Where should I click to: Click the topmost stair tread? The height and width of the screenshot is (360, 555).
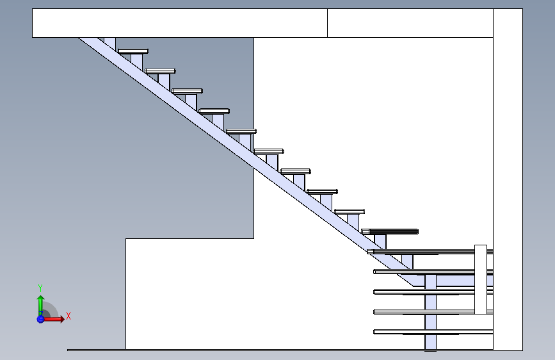[x=133, y=51]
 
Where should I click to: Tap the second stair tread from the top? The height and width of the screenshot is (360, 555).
[x=160, y=70]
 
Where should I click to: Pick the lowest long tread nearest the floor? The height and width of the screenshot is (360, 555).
[x=433, y=331]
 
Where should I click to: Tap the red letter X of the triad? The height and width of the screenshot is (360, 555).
[x=68, y=316]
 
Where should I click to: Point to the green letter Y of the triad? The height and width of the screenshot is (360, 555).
[x=40, y=288]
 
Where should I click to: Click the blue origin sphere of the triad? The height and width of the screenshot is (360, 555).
[x=40, y=318]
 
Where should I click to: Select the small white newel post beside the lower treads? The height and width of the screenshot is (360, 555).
[x=481, y=279]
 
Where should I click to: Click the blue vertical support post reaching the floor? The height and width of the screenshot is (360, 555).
[x=430, y=314]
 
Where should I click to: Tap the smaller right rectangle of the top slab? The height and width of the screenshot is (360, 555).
[x=410, y=23]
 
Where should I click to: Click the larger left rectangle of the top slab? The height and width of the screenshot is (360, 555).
[x=179, y=23]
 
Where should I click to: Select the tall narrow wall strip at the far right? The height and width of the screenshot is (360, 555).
[x=508, y=179]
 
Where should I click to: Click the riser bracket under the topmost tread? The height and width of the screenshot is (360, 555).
[x=136, y=61]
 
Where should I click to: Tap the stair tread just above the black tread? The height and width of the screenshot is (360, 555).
[x=349, y=211]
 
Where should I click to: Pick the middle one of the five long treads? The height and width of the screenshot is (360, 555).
[x=433, y=291]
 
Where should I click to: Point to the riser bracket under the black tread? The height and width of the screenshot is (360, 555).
[x=380, y=241]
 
